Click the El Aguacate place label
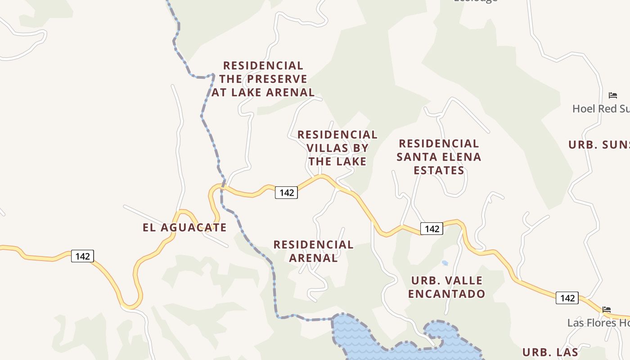click(184, 227)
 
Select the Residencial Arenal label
click(313, 251)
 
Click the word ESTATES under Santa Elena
click(439, 171)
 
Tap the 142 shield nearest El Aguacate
click(82, 256)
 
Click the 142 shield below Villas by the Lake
click(286, 193)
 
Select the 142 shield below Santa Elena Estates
click(432, 229)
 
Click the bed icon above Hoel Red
click(612, 95)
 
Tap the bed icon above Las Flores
click(607, 310)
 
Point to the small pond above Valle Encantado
click(445, 263)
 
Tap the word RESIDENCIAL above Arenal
click(313, 245)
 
